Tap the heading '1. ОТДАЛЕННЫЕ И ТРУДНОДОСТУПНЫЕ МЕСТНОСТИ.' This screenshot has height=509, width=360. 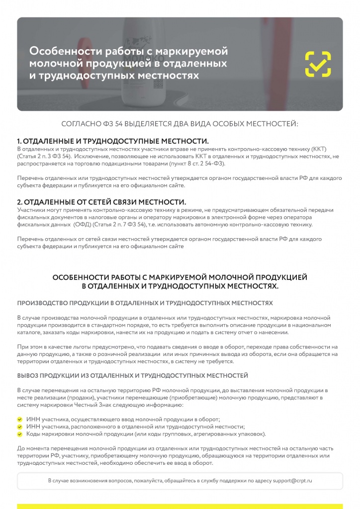[113, 141]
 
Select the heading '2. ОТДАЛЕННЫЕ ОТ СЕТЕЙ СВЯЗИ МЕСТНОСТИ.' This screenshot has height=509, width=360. [101, 202]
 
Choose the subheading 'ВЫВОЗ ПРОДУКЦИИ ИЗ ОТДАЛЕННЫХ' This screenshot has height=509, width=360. [132, 375]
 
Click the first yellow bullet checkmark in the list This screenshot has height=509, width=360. [20, 419]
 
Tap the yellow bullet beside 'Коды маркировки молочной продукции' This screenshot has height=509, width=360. [20, 433]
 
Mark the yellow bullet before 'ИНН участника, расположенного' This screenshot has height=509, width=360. [20, 426]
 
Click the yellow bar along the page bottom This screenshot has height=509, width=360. [180, 506]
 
